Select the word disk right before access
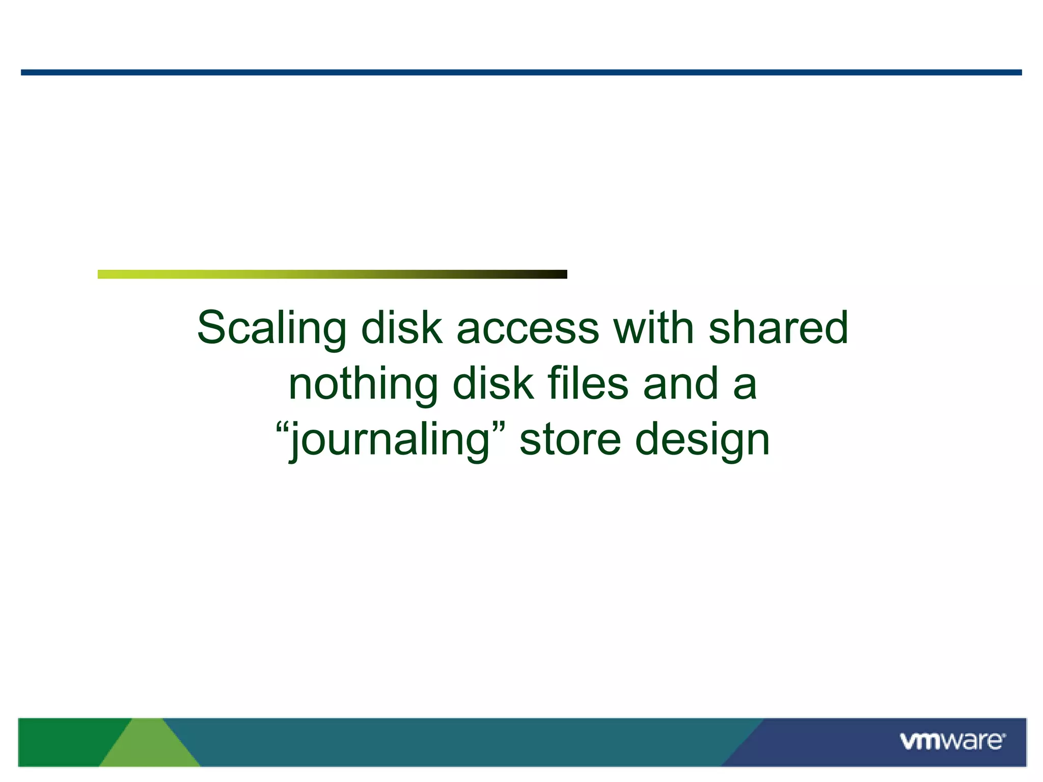click(x=401, y=328)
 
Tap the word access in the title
click(x=528, y=329)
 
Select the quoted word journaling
click(x=390, y=440)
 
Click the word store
click(x=570, y=440)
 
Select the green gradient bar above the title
click(x=332, y=274)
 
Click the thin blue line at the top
click(x=521, y=73)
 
